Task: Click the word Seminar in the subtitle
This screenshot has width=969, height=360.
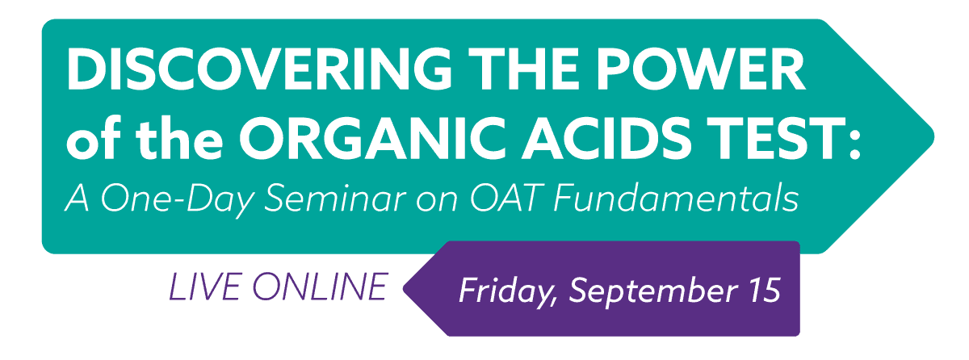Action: point(335,199)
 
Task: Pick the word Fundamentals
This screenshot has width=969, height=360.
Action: point(676,199)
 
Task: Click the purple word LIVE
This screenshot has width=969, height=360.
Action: point(204,287)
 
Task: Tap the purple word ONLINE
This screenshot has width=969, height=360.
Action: point(319,287)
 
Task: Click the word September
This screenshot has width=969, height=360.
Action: point(652,291)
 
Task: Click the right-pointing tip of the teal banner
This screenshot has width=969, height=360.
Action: point(933,136)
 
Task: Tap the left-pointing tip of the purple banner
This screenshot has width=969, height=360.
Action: point(404,288)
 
